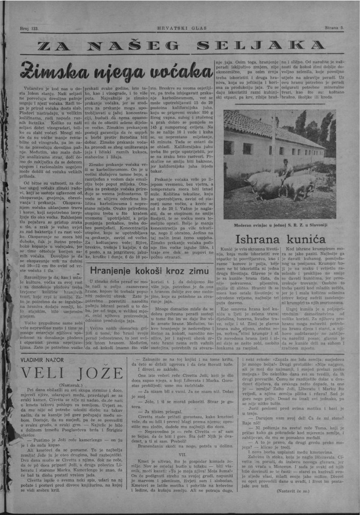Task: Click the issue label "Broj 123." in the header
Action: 30,28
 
